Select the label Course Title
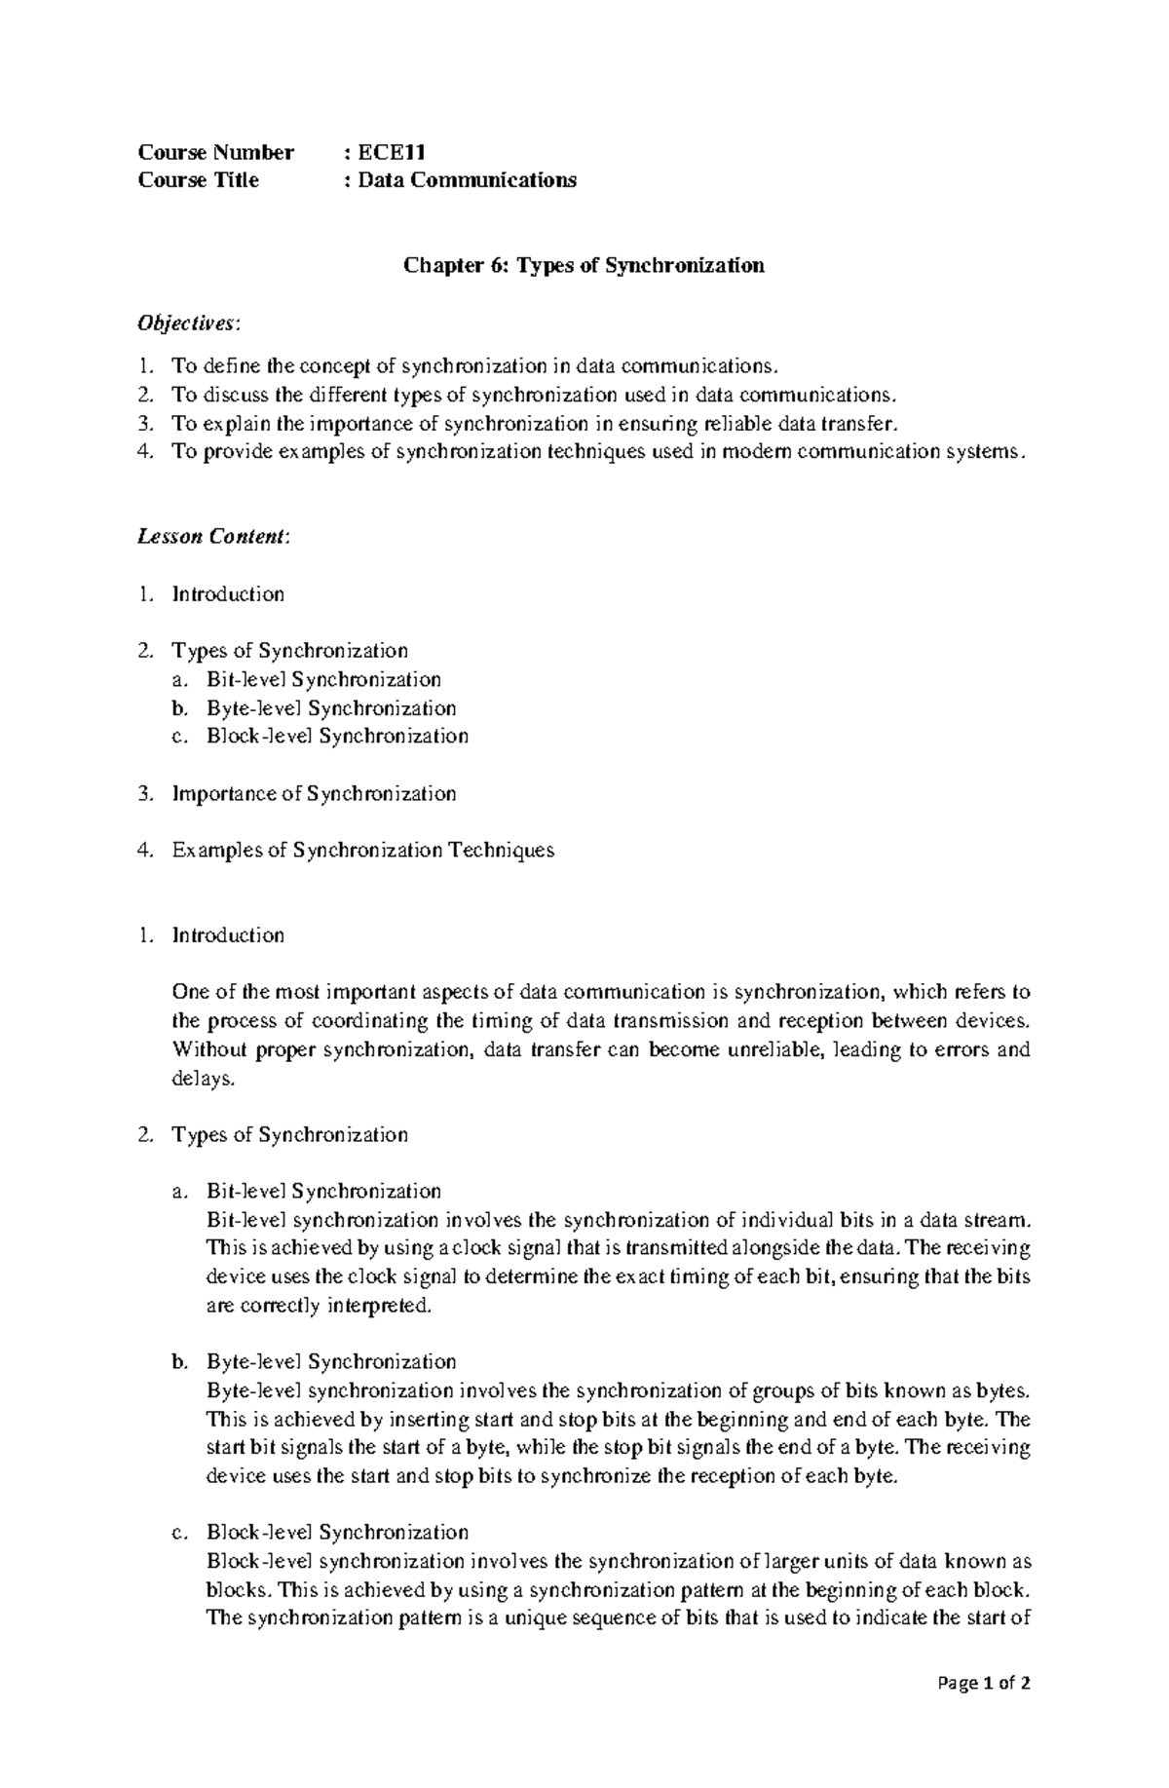[x=199, y=180]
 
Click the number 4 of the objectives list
[x=144, y=451]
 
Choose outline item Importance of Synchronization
[x=314, y=793]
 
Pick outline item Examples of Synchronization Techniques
[x=362, y=850]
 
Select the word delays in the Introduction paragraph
[x=201, y=1079]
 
